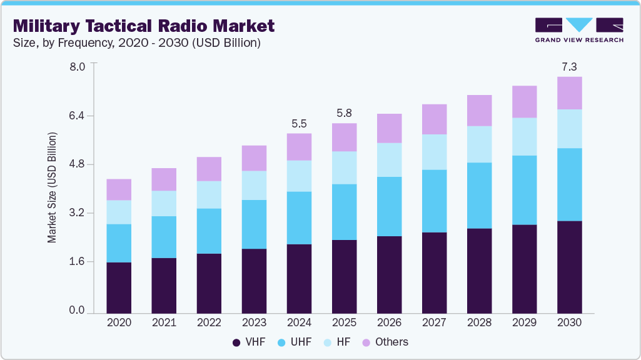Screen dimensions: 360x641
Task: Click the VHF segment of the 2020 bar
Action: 119,287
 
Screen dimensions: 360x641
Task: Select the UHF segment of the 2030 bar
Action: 569,184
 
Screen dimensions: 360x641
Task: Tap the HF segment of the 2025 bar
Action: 344,167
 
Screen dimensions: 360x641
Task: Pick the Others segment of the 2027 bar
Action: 434,119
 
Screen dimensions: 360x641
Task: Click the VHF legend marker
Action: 236,342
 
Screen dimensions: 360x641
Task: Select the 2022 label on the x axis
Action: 209,322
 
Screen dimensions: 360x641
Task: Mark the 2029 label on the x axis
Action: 524,322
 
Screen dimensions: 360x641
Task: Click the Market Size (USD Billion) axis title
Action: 53,187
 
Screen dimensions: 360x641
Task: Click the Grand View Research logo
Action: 578,30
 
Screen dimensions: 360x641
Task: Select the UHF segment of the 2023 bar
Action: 254,224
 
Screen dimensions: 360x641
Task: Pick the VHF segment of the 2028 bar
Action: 479,271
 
